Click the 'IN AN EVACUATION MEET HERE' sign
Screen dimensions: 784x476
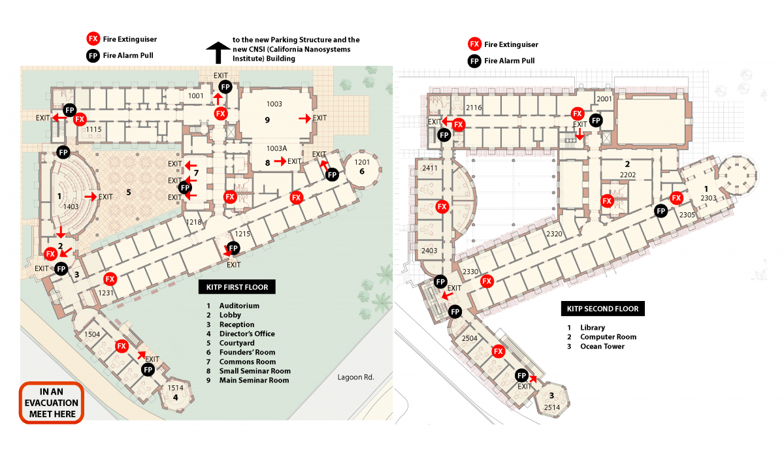tap(52, 403)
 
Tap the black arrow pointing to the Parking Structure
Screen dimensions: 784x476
tap(218, 52)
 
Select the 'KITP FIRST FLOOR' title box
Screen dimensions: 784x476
tap(237, 287)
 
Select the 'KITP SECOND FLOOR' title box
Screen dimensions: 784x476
tap(602, 309)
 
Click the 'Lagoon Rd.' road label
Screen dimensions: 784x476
tap(355, 377)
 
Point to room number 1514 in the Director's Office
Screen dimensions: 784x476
tap(175, 387)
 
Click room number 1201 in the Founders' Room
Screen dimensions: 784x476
tap(362, 162)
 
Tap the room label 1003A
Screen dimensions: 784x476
tap(276, 148)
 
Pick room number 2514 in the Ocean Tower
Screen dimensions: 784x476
tap(552, 407)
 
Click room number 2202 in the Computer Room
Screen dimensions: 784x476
tap(628, 174)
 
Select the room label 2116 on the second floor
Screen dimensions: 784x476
tap(474, 108)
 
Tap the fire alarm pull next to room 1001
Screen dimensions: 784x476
tap(225, 87)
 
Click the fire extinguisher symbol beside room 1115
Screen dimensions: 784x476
tap(80, 119)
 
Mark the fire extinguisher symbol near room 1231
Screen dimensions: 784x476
tap(110, 279)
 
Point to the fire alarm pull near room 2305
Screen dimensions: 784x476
tap(661, 211)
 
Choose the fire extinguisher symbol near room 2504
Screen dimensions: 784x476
tap(498, 351)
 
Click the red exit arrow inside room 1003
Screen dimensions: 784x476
tap(305, 119)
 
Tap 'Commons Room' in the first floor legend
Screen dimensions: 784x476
tap(248, 362)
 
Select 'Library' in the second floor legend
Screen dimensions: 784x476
tap(593, 328)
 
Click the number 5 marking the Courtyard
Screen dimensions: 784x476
tap(129, 192)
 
